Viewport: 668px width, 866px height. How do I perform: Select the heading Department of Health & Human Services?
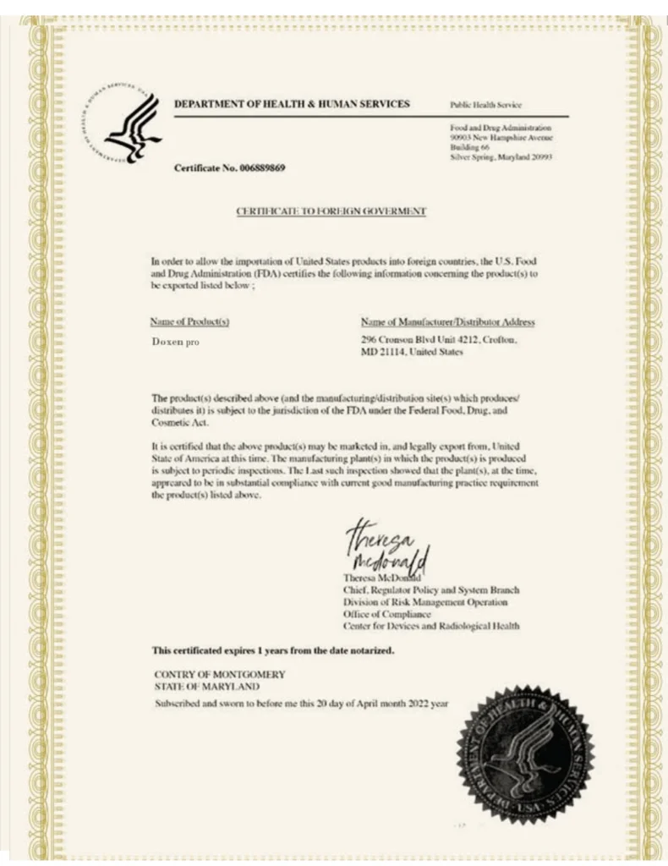pyautogui.click(x=292, y=104)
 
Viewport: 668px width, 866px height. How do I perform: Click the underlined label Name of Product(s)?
pyautogui.click(x=189, y=321)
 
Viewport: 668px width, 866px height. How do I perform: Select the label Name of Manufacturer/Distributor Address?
pyautogui.click(x=447, y=321)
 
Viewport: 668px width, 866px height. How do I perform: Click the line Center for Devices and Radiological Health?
pyautogui.click(x=430, y=627)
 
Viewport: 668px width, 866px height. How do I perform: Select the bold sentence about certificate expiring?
pyautogui.click(x=272, y=650)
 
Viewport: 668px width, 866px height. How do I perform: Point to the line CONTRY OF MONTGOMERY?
pyautogui.click(x=219, y=674)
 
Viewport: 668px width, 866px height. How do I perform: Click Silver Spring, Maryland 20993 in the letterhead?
pyautogui.click(x=501, y=157)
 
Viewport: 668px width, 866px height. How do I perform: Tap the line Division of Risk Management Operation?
pyautogui.click(x=425, y=602)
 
